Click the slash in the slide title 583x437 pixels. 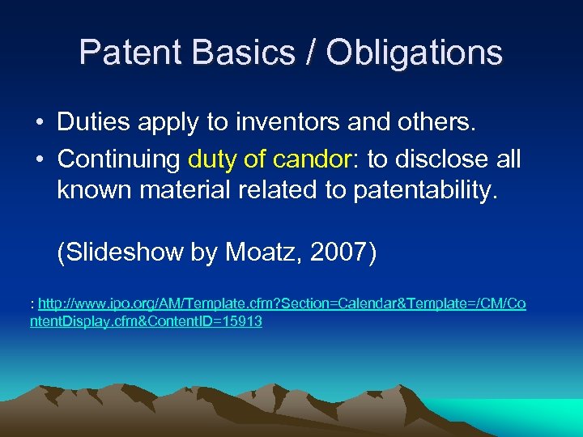[x=311, y=53]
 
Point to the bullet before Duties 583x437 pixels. [x=40, y=123]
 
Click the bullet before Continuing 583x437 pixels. [x=40, y=160]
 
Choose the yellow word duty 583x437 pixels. [x=212, y=159]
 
